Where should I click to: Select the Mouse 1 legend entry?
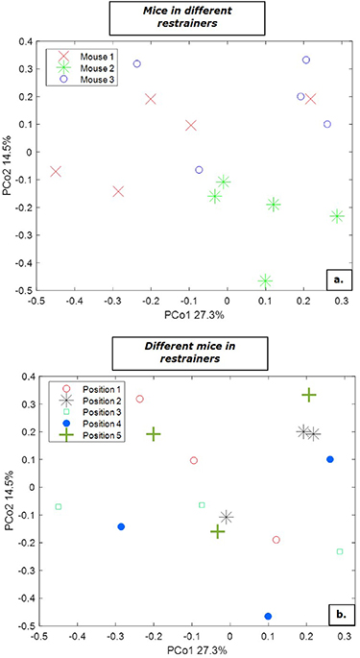tap(94, 58)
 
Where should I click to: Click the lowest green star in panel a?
tap(266, 280)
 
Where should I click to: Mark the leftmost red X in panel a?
tap(56, 172)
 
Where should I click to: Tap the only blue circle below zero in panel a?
tap(199, 170)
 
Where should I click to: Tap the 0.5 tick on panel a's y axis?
tap(26, 41)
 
